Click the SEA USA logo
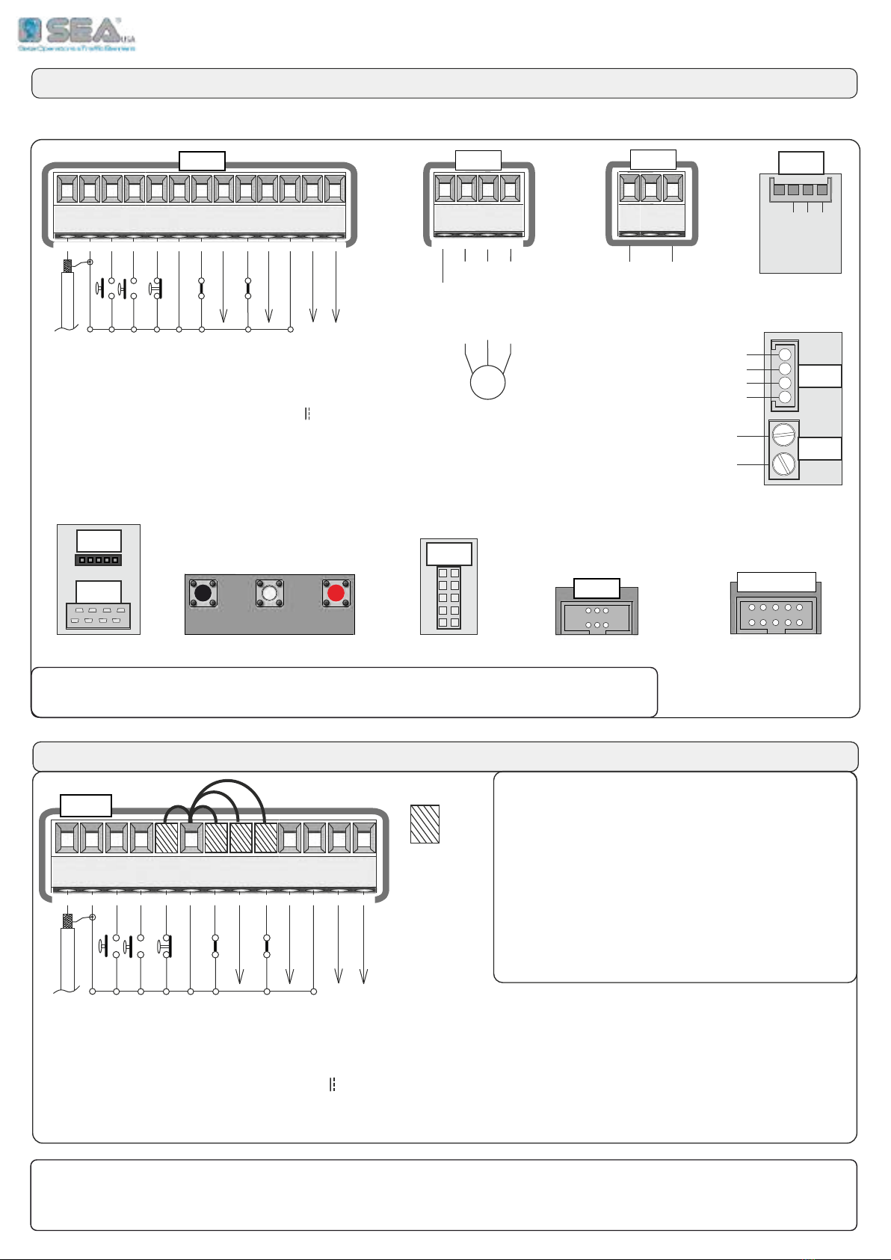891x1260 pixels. click(x=76, y=33)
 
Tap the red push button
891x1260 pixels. click(x=336, y=593)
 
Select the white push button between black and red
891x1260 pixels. click(x=270, y=593)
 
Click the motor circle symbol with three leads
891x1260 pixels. click(x=487, y=383)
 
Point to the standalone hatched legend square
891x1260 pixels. click(x=425, y=823)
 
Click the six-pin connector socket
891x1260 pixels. click(x=596, y=617)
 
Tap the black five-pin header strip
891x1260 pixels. click(x=98, y=559)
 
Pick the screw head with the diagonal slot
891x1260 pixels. click(x=784, y=463)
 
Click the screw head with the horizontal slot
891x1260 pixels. click(x=784, y=433)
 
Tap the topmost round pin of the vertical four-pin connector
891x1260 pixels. click(x=785, y=354)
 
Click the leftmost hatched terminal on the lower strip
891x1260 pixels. click(x=166, y=838)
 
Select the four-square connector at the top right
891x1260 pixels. click(x=800, y=190)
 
